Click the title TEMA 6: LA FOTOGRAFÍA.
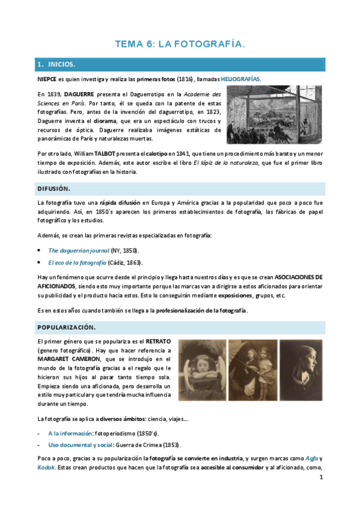click(x=180, y=44)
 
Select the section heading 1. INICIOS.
click(x=56, y=64)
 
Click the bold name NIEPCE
click(x=47, y=79)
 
